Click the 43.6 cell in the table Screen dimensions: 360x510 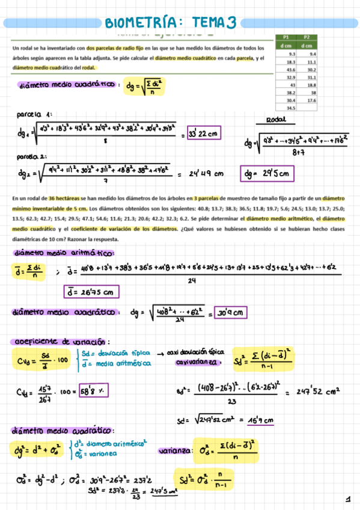[x=287, y=69]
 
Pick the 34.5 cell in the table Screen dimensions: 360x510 [x=290, y=108]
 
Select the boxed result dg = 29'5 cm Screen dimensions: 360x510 [x=267, y=174]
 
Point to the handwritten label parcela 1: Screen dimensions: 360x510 [x=35, y=114]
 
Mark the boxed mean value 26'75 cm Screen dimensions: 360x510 [x=91, y=292]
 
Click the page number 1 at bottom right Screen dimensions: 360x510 [x=347, y=499]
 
